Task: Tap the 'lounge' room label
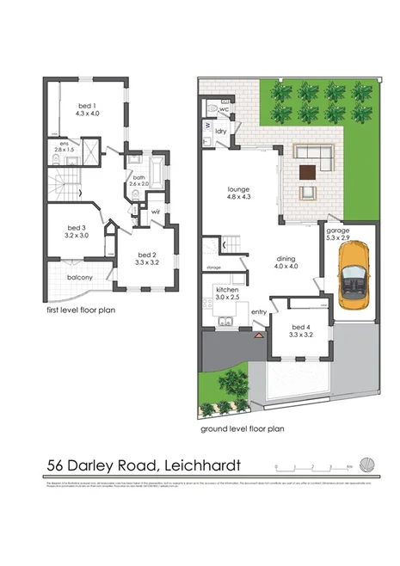tap(237, 188)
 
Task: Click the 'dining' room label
tap(287, 258)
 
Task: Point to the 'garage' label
tap(338, 231)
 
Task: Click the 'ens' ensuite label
tap(63, 144)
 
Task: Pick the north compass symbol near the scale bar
tap(368, 464)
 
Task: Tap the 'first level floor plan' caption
tap(82, 309)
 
